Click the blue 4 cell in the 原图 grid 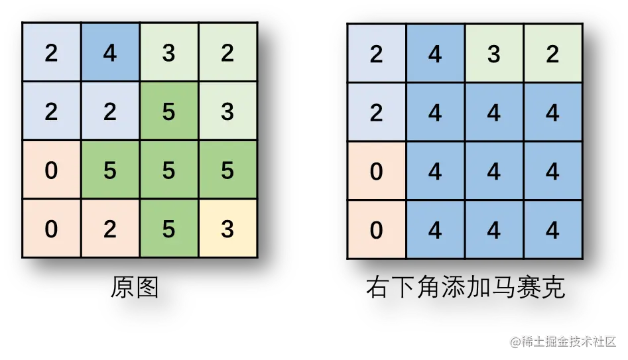[110, 53]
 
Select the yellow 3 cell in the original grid [227, 229]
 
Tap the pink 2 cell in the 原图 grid [110, 229]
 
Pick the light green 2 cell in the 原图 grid [227, 53]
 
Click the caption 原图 [135, 288]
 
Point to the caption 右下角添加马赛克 [465, 288]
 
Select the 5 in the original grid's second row [168, 111]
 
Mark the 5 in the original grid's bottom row [168, 229]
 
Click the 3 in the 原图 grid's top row [168, 53]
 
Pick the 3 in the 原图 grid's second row [227, 111]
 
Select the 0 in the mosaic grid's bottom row [376, 230]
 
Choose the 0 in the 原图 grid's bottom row [51, 229]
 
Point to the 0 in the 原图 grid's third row [51, 170]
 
